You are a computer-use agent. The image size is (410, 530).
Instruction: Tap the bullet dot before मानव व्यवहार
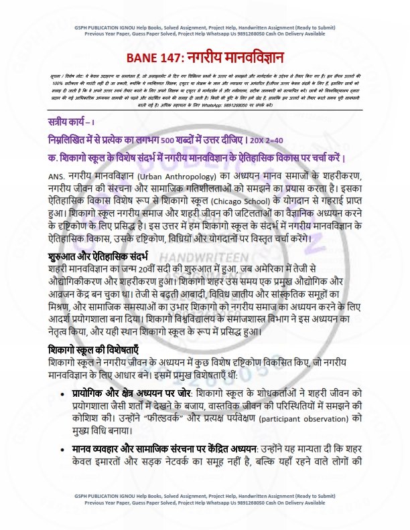click(62, 450)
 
